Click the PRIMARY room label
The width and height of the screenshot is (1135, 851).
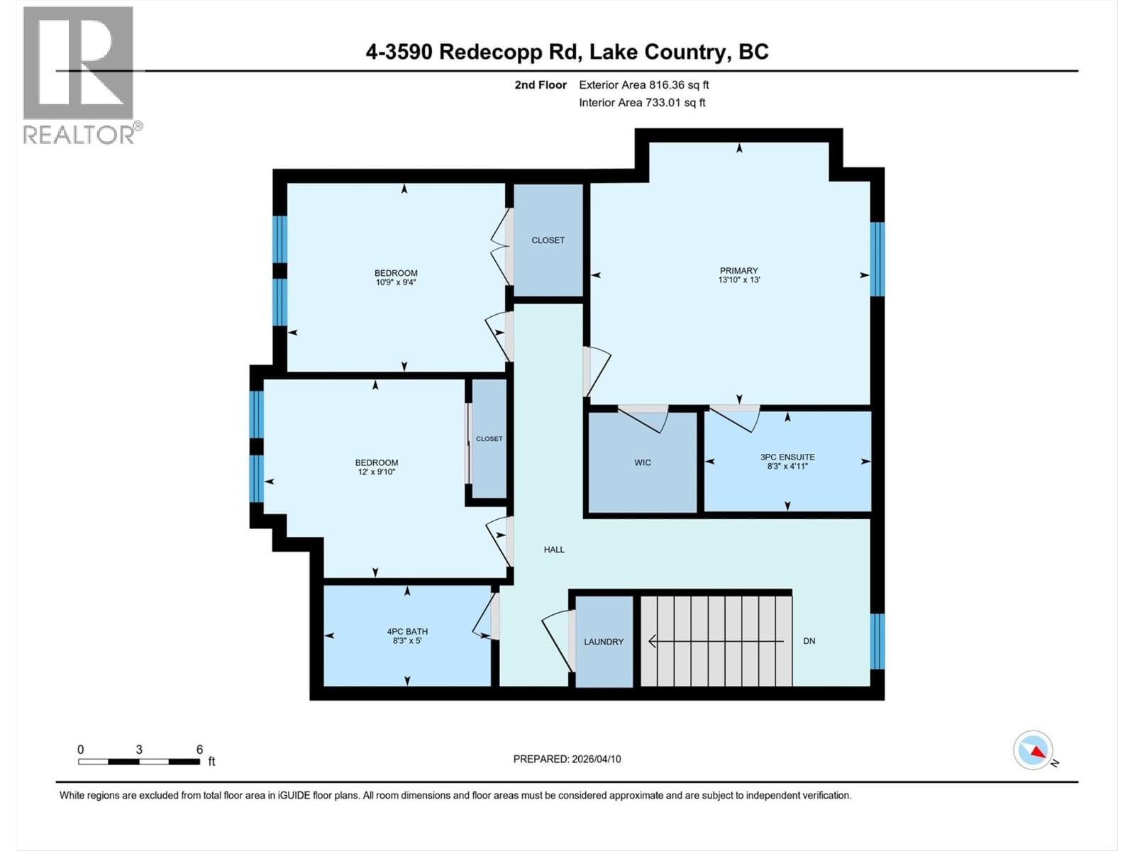click(738, 270)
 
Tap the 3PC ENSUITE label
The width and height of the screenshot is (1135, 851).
click(787, 457)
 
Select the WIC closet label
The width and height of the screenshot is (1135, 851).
click(642, 462)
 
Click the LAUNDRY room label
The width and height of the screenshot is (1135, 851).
click(604, 642)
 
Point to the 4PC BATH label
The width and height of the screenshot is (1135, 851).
click(407, 631)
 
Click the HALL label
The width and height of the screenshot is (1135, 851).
click(554, 550)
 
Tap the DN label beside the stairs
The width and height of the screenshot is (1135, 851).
click(809, 641)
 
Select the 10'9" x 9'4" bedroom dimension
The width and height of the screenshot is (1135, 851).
click(396, 282)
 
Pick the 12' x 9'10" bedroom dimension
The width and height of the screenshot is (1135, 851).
click(377, 472)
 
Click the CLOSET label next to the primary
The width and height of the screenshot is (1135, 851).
click(548, 240)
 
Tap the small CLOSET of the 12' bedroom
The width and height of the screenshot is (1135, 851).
click(489, 439)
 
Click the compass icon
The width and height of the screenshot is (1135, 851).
click(1033, 750)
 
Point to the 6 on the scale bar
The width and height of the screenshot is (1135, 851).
click(199, 750)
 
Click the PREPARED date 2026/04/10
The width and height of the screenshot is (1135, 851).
click(567, 759)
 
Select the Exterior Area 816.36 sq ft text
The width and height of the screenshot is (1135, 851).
click(643, 85)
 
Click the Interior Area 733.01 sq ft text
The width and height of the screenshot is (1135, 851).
click(642, 103)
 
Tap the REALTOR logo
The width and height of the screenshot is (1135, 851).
click(79, 74)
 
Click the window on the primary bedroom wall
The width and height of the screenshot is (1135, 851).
click(877, 259)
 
